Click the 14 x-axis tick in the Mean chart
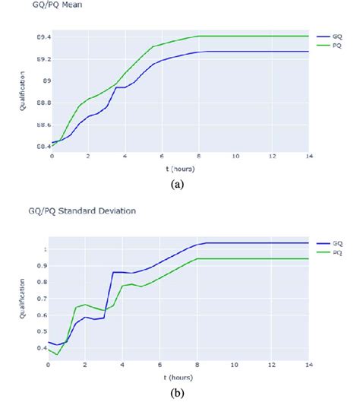point(308,155)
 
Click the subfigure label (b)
point(179,394)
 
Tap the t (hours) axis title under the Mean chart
point(179,168)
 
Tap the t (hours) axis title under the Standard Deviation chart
point(179,377)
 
